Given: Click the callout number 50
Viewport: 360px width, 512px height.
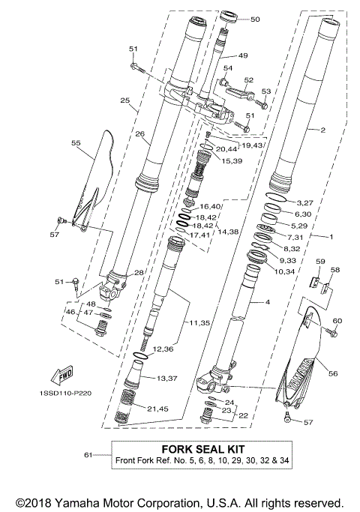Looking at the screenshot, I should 255,19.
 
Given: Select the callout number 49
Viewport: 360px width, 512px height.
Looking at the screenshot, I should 242,55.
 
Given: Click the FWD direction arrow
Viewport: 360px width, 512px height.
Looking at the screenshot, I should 65,373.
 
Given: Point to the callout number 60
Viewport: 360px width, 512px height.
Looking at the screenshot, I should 337,321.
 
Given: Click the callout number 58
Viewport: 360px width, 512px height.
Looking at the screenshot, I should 334,269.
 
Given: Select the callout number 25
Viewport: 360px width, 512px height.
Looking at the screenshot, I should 124,100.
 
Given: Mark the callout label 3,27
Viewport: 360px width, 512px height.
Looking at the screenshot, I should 304,202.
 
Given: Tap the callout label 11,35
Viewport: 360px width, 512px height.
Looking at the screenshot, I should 199,323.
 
